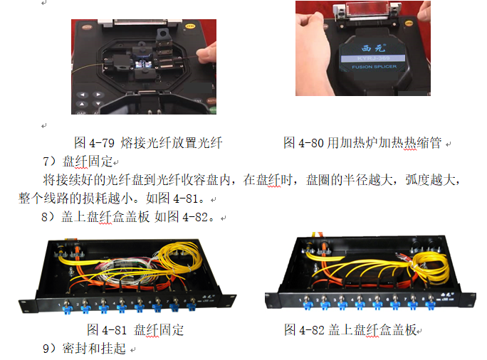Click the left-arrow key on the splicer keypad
coord(83,95)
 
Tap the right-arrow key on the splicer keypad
coord(98,95)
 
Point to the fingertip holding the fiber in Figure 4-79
coord(204,55)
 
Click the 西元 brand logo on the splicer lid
coord(373,48)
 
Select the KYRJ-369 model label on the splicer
coord(373,58)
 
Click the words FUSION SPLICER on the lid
coord(375,67)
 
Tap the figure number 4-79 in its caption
coord(102,143)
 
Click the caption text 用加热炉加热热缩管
coord(384,143)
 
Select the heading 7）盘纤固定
coord(78,162)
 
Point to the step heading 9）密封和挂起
coord(84,349)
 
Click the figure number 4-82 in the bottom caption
coord(312,330)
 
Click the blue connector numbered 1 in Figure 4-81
coord(67,308)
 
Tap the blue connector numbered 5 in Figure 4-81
coord(139,308)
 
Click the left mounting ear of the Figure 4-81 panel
coord(28,305)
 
